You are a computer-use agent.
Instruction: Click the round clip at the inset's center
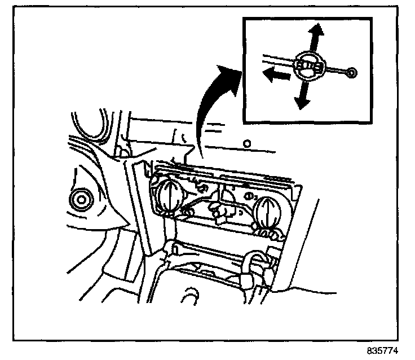310,65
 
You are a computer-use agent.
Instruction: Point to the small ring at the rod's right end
352,72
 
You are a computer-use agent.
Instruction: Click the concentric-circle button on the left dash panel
80,199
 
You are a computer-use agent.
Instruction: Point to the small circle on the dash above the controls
246,143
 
